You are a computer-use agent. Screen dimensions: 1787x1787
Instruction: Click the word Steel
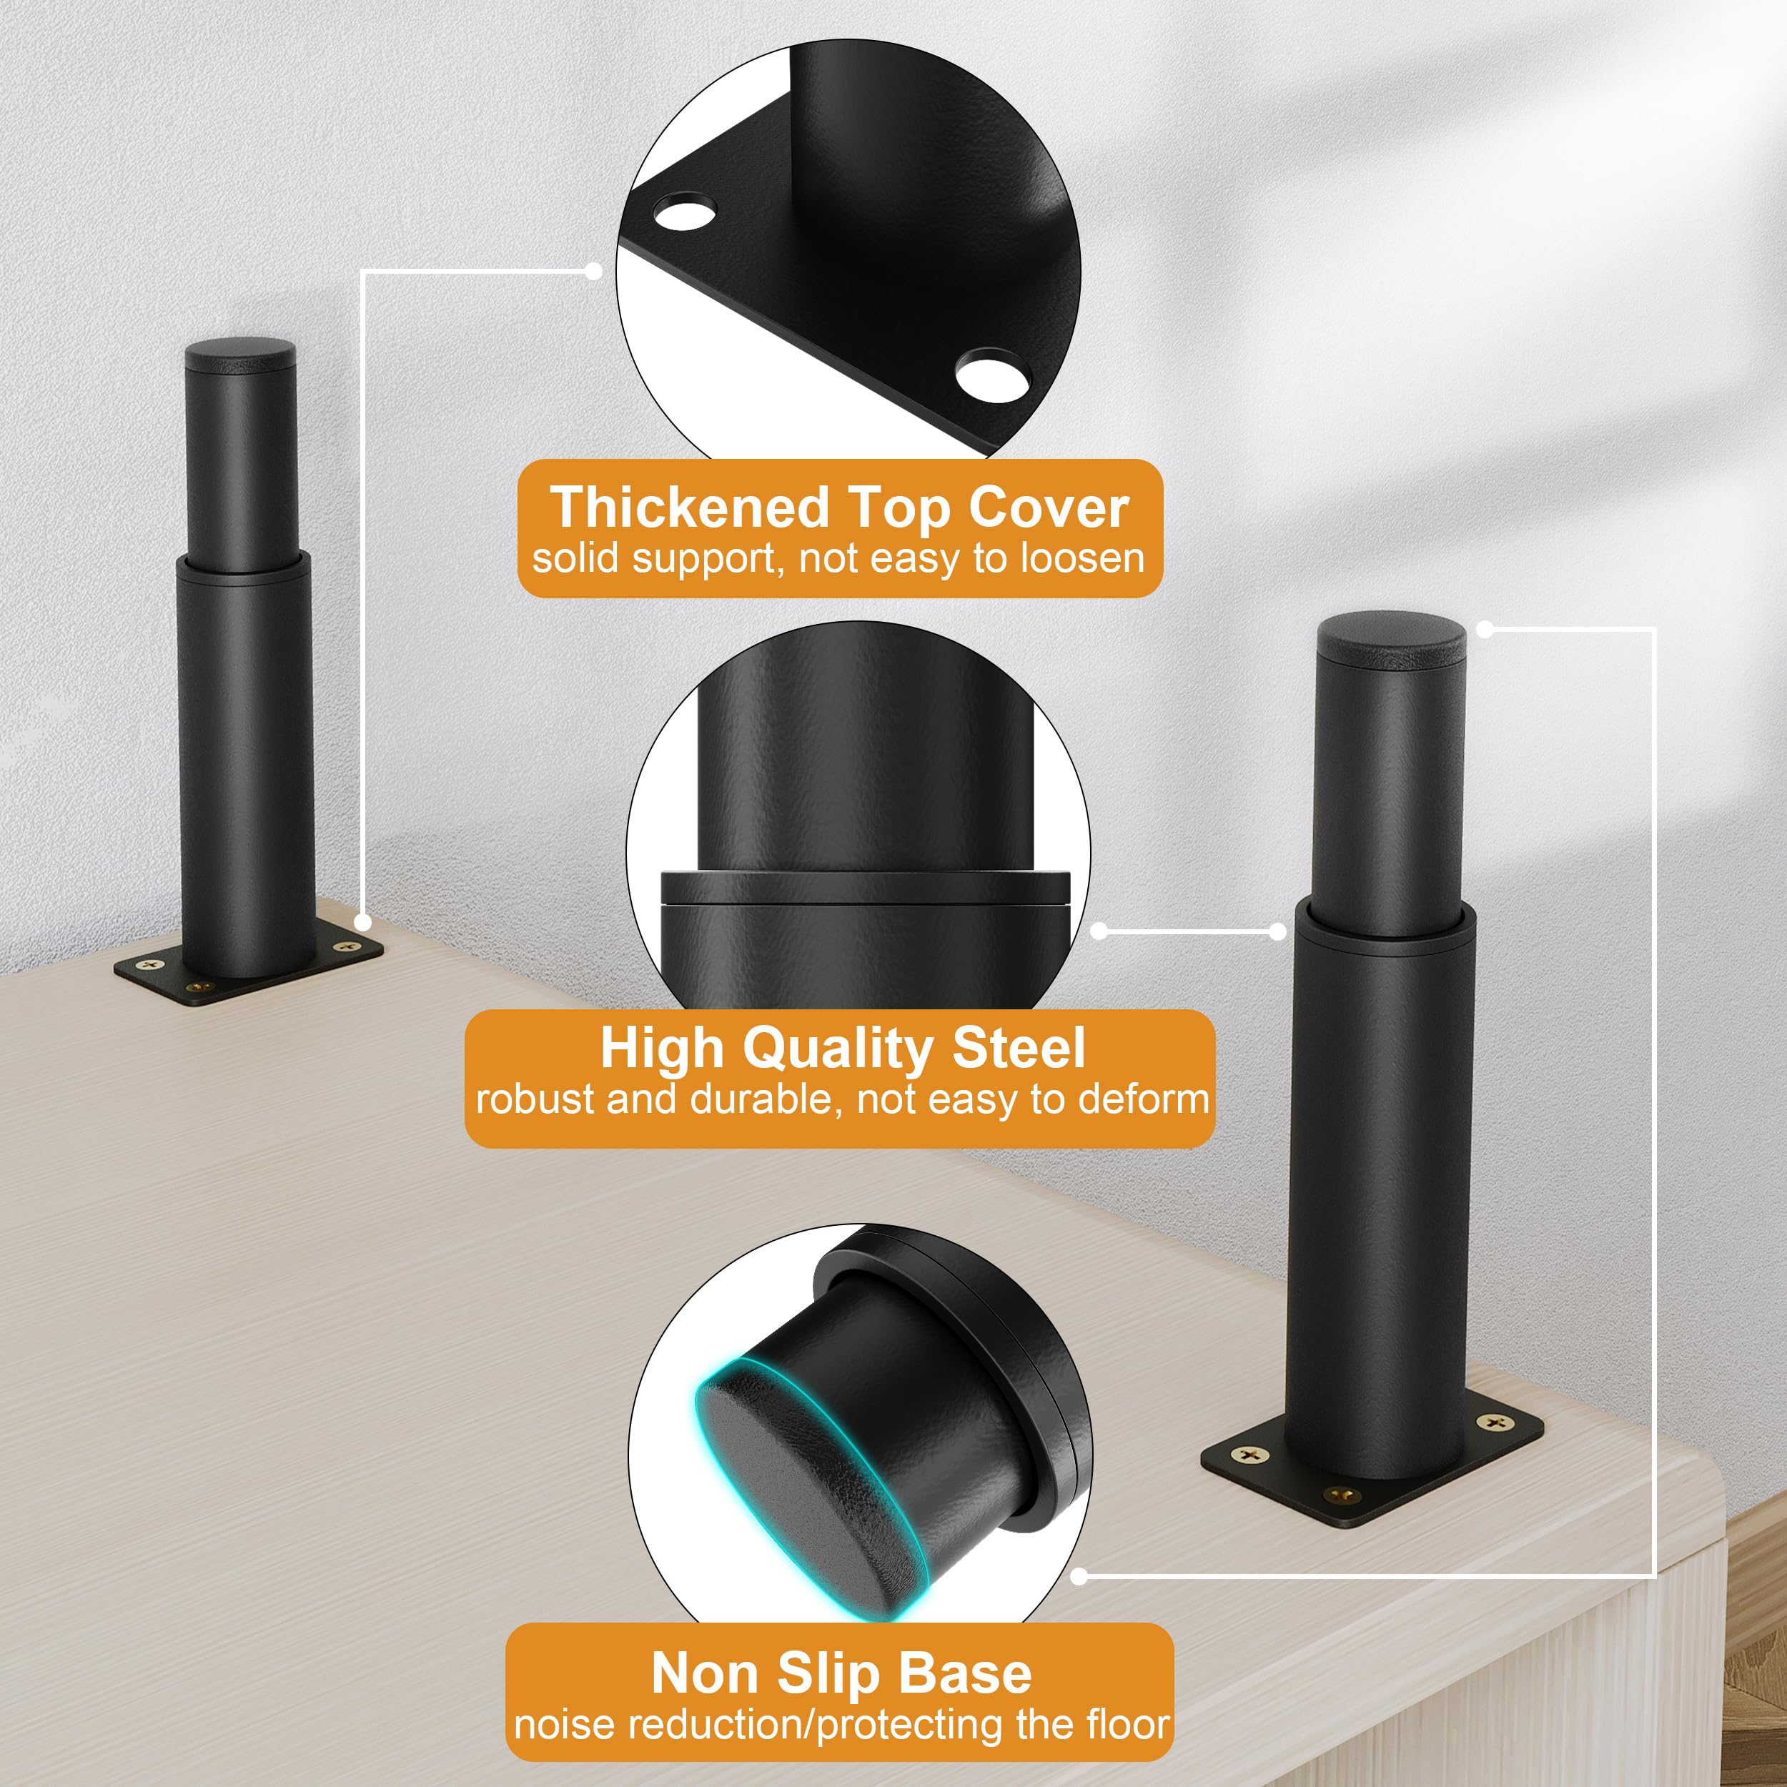click(1019, 1048)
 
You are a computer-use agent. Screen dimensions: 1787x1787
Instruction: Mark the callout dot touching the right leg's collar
click(1278, 931)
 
